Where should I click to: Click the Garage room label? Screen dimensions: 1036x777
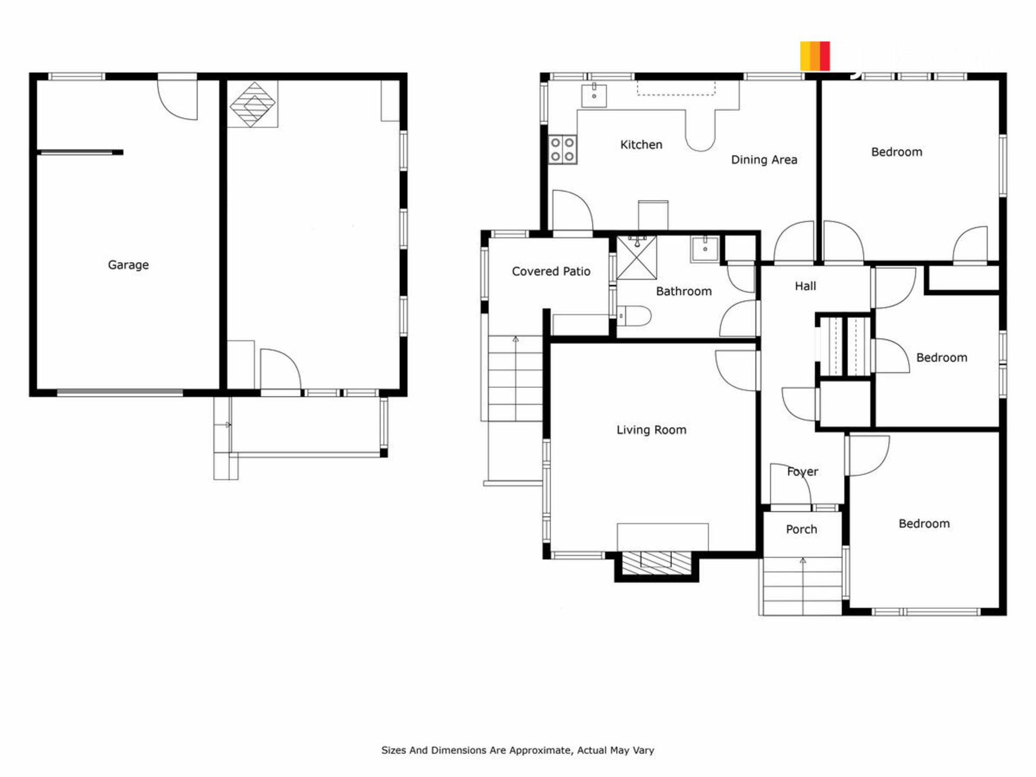(128, 265)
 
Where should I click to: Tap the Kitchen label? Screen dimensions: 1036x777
(641, 145)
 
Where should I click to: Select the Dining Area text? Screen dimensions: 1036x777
(764, 160)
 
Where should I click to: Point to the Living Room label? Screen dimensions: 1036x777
(651, 430)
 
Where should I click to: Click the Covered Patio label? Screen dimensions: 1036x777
(551, 271)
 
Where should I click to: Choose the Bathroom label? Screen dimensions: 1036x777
(684, 291)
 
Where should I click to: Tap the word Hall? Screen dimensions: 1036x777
(805, 286)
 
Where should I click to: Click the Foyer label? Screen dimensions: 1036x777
(802, 472)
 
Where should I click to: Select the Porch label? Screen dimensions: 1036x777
(801, 529)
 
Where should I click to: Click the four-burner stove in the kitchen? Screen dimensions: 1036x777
(563, 149)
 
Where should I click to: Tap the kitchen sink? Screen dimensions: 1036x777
(594, 96)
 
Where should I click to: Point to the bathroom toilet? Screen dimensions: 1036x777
(634, 316)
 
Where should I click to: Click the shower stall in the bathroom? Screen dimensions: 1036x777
(637, 257)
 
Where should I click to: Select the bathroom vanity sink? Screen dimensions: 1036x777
(705, 249)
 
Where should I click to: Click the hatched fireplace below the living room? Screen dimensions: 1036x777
(656, 563)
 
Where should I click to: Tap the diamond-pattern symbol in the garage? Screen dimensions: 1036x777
(253, 104)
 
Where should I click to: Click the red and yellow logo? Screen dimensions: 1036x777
(815, 56)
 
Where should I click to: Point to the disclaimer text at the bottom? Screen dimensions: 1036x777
(517, 750)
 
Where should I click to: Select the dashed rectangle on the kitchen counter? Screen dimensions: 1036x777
(676, 88)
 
